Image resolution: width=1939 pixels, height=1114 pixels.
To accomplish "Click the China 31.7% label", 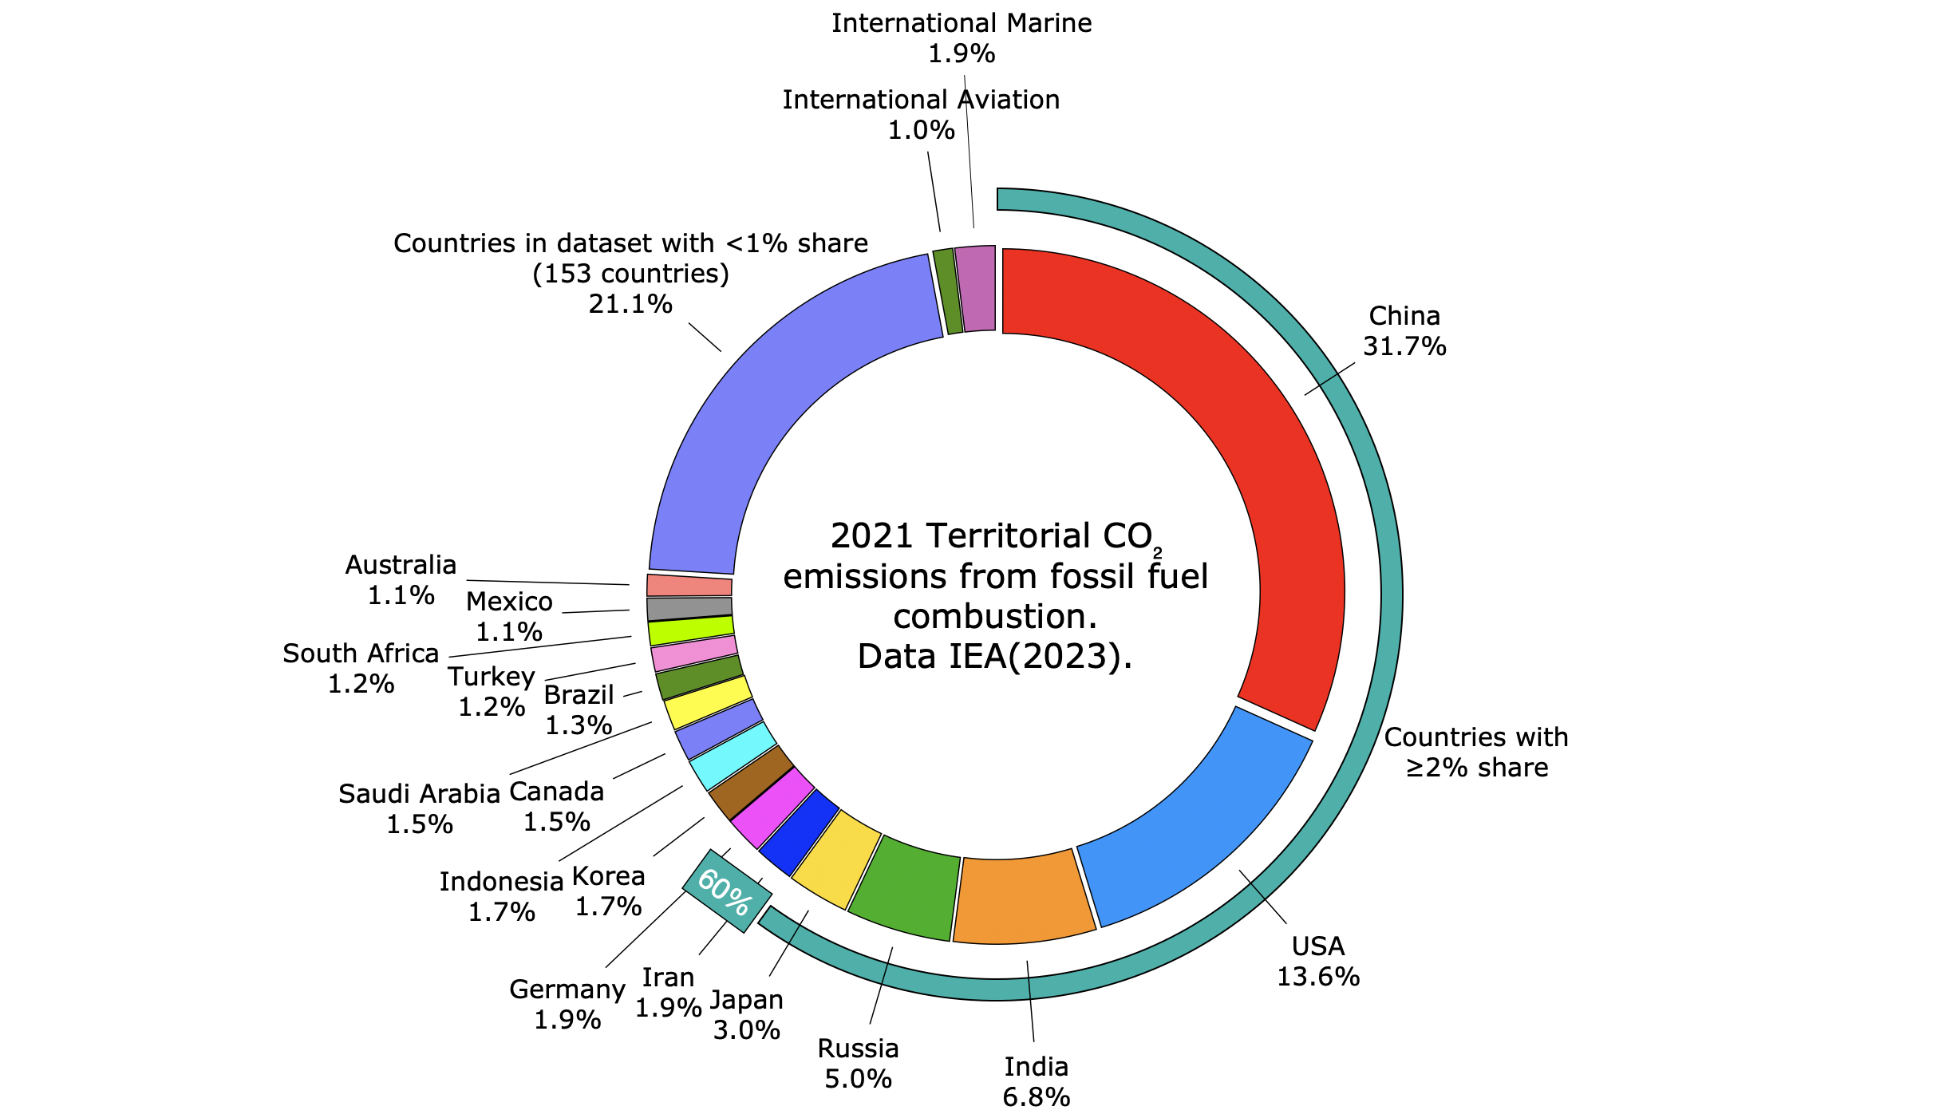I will [1404, 331].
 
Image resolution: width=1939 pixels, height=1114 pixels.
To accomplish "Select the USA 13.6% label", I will [1318, 961].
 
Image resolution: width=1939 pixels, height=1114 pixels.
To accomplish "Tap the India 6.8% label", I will [1036, 1081].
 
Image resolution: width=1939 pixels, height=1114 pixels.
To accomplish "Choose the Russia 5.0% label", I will [859, 1063].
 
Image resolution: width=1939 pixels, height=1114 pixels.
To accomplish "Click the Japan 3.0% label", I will [747, 1014].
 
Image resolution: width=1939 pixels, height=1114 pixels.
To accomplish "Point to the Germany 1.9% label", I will [567, 1004].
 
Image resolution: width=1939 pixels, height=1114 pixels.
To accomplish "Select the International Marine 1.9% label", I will [962, 38].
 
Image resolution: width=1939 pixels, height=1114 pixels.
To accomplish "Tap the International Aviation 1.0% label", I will [921, 114].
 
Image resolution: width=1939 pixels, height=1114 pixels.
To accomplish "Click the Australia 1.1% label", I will [401, 579].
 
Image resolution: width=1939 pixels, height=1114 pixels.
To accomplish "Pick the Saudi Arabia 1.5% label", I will [420, 808].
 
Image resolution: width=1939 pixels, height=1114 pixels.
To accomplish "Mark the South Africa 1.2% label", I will [361, 668].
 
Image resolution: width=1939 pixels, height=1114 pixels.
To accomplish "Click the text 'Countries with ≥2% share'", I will [1476, 752].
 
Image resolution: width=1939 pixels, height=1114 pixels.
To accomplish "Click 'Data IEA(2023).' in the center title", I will [995, 657].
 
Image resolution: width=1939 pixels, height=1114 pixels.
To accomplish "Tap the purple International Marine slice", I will [975, 288].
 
